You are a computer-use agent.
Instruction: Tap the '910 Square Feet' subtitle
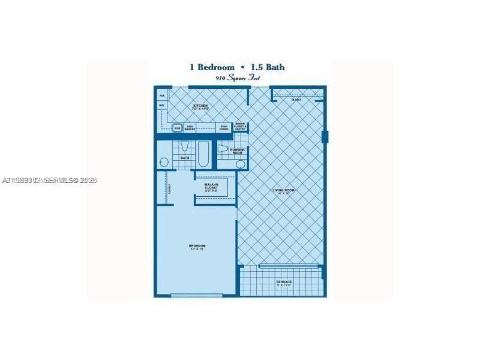[x=240, y=79]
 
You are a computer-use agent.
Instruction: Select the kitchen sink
[x=177, y=128]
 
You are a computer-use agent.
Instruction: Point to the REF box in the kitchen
[x=161, y=95]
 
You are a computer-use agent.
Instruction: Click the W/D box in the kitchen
[x=161, y=106]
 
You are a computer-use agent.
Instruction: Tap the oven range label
[x=223, y=127]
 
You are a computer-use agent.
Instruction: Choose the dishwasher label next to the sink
[x=190, y=127]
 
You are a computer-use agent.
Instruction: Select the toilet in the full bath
[x=185, y=147]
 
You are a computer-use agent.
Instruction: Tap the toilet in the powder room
[x=223, y=148]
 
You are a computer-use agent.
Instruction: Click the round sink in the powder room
[x=240, y=164]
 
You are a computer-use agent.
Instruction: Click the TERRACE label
[x=284, y=283]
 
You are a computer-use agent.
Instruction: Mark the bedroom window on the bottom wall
[x=188, y=295]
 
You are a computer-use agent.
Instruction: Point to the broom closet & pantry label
[x=240, y=127]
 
